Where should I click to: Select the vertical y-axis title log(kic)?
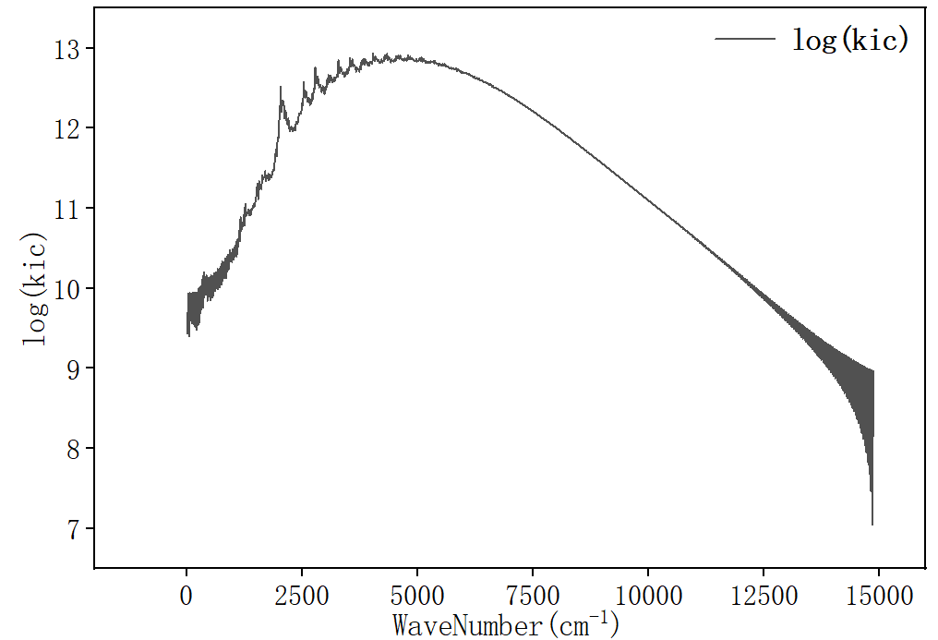pyautogui.click(x=35, y=289)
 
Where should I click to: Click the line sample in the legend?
pyautogui.click(x=744, y=38)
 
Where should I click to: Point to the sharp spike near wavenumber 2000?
pyautogui.click(x=281, y=88)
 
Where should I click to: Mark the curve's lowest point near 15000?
pyautogui.click(x=872, y=524)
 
